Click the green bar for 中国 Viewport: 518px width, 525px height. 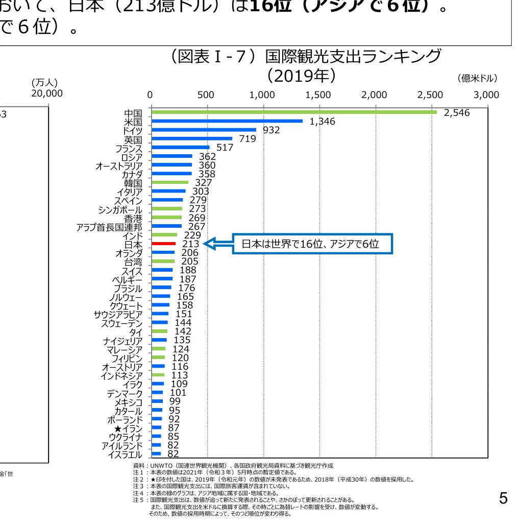pyautogui.click(x=293, y=112)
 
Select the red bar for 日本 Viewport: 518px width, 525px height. pyautogui.click(x=163, y=244)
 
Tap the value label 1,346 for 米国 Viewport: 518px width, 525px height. pyautogui.click(x=323, y=122)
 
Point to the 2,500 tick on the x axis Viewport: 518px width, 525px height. pyautogui.click(x=430, y=95)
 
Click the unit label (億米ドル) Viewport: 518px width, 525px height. pyautogui.click(x=477, y=78)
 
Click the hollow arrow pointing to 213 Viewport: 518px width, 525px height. pyautogui.click(x=217, y=244)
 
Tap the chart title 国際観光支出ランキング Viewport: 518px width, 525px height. pyautogui.click(x=306, y=56)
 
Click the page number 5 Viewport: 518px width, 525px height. pyautogui.click(x=503, y=498)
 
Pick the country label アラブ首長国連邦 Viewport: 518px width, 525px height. pyautogui.click(x=109, y=227)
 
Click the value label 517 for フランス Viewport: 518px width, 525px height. pyautogui.click(x=225, y=148)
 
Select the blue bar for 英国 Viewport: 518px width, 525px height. pyautogui.click(x=192, y=138)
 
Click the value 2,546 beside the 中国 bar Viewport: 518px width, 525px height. pyautogui.click(x=456, y=113)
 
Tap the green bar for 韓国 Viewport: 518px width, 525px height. pyautogui.click(x=170, y=182)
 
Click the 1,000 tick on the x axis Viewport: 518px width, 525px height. pyautogui.click(x=262, y=95)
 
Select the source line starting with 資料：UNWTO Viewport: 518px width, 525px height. pyautogui.click(x=233, y=466)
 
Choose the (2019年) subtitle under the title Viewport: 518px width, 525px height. pyautogui.click(x=301, y=76)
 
